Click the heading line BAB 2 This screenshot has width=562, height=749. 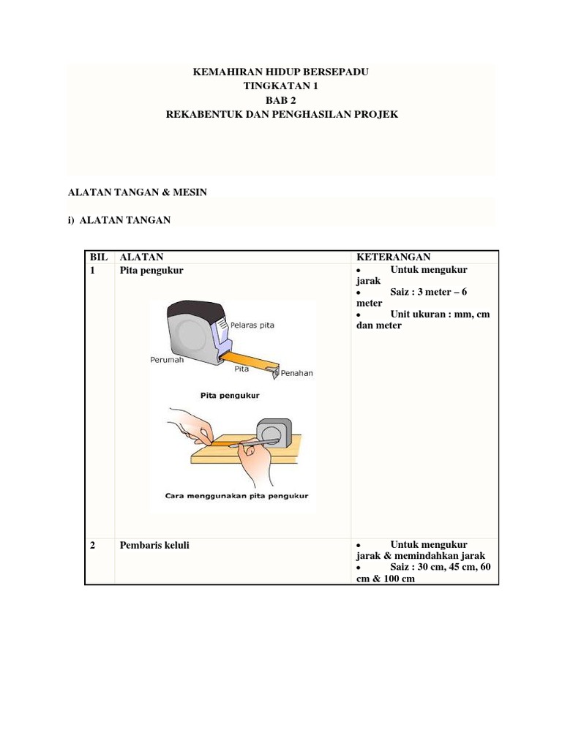[x=281, y=100]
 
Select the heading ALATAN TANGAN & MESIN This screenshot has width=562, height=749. [x=138, y=192]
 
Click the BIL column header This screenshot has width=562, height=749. [x=99, y=257]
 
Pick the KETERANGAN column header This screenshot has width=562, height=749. [x=393, y=257]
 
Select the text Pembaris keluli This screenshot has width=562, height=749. [x=154, y=545]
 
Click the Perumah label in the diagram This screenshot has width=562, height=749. [x=167, y=360]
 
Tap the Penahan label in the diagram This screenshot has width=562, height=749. [x=296, y=373]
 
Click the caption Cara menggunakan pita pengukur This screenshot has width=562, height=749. [x=236, y=495]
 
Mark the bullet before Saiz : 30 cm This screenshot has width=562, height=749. [x=359, y=568]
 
